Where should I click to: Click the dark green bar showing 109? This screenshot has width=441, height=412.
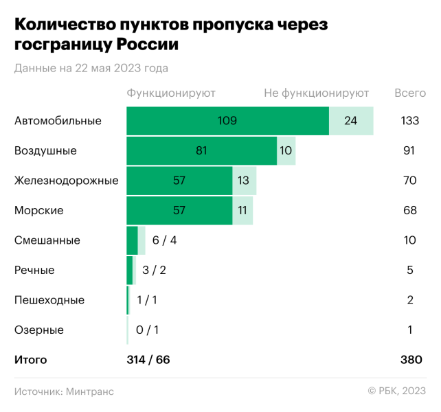click(x=227, y=121)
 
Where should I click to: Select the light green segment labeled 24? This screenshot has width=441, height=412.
click(x=351, y=121)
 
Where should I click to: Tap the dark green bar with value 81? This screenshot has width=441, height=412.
click(x=202, y=151)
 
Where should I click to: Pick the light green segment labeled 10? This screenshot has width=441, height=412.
click(x=286, y=151)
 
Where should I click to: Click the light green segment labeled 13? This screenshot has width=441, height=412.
click(x=244, y=181)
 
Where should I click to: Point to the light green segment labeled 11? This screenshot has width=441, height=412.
click(x=242, y=210)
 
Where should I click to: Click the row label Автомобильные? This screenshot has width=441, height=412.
click(x=58, y=121)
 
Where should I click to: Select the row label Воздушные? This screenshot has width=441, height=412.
click(x=45, y=151)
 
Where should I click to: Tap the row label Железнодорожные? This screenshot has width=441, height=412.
click(x=66, y=181)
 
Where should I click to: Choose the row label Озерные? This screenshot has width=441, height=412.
click(x=38, y=330)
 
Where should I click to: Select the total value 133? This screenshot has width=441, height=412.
click(x=409, y=121)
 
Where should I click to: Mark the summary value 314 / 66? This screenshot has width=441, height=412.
click(x=148, y=359)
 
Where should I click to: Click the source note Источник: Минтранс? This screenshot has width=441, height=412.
click(x=64, y=391)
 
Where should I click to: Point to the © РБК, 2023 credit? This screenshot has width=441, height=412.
click(x=396, y=391)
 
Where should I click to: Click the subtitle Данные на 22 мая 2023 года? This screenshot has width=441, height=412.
click(x=91, y=68)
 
